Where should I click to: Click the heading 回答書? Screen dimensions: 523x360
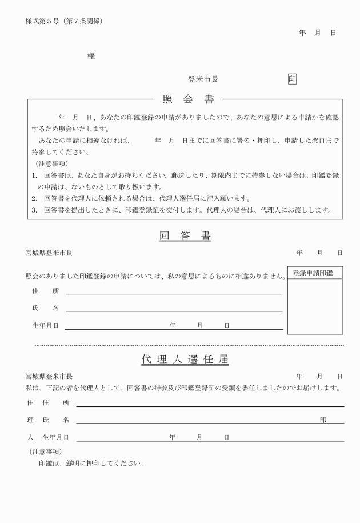[185, 236]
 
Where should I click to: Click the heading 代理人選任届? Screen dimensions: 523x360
[185, 360]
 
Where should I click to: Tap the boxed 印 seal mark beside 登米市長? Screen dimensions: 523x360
[292, 79]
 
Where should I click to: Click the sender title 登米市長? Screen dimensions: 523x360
[203, 79]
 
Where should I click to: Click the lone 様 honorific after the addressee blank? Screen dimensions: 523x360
[91, 55]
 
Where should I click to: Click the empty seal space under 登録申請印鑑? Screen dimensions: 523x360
[315, 306]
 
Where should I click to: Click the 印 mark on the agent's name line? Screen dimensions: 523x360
[323, 420]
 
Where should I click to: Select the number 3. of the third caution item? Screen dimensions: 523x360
[34, 210]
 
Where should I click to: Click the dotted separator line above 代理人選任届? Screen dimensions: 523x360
[189, 345]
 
